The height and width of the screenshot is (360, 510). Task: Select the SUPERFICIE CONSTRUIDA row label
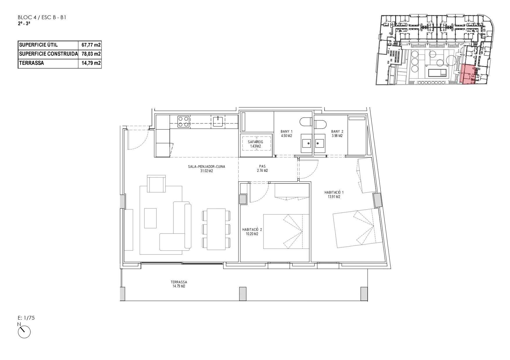tap(48, 54)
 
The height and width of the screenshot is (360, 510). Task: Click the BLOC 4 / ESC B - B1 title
tap(42, 18)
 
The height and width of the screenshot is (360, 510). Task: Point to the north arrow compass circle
tap(24, 332)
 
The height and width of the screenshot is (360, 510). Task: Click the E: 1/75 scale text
tap(26, 318)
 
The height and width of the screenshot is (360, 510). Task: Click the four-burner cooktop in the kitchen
tap(183, 122)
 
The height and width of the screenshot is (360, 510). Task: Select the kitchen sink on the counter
tap(218, 121)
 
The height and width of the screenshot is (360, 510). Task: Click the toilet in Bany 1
tap(306, 122)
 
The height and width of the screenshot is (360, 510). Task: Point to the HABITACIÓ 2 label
tap(252, 230)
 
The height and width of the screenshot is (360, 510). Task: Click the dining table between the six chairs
tap(216, 229)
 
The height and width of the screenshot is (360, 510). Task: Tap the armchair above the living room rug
tap(157, 183)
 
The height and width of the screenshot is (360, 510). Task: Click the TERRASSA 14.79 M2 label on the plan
tap(179, 284)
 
